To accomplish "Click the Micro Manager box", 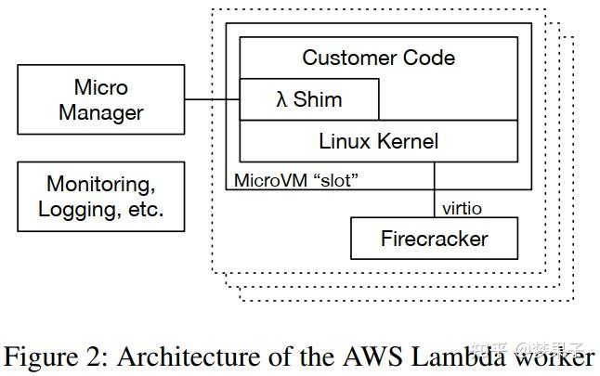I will [101, 101].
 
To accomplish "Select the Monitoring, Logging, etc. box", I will [101, 196].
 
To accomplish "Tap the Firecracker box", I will [434, 239].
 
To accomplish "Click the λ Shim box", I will [309, 100].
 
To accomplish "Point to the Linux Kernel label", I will [378, 142].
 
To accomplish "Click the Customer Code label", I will [378, 58].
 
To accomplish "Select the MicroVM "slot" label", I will [294, 179].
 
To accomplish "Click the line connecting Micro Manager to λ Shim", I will [212, 100].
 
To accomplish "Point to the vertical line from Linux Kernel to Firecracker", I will [434, 190].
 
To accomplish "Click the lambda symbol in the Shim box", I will [282, 100].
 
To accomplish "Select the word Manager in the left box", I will [101, 113].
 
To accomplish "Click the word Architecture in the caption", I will [175, 357].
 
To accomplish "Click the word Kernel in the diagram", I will [408, 142].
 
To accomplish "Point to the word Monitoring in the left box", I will [101, 184].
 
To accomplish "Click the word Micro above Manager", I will [101, 88].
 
